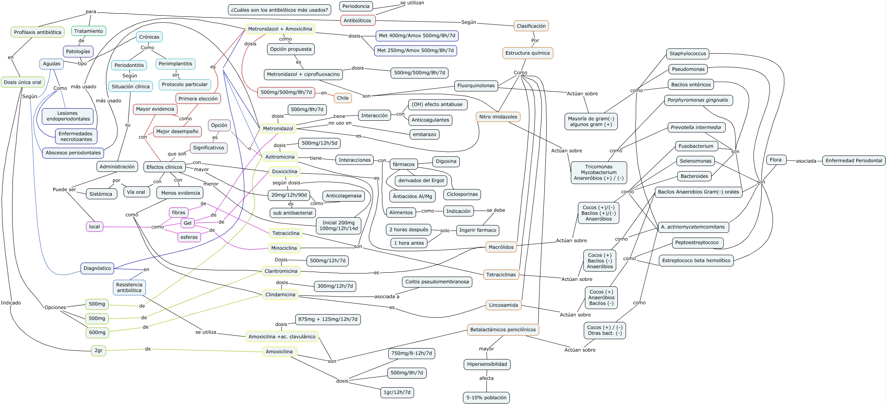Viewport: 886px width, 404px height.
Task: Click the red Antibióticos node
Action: point(357,20)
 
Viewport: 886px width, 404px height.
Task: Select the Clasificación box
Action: point(531,26)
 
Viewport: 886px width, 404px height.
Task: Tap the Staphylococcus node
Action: point(688,54)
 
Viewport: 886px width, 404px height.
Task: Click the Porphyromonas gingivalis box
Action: point(698,100)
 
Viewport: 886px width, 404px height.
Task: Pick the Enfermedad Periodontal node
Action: point(854,161)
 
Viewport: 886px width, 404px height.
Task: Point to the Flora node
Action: point(776,160)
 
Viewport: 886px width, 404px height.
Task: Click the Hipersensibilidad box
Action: point(487,364)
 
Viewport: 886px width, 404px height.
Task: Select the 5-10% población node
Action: point(486,398)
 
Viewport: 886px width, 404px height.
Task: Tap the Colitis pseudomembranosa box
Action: point(437,282)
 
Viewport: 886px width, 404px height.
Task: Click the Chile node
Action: point(343,98)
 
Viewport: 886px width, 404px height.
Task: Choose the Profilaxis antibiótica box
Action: point(38,32)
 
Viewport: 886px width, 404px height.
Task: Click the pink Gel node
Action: point(188,223)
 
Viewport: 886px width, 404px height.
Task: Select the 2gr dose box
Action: point(99,350)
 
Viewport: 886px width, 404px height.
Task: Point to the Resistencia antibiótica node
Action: point(129,288)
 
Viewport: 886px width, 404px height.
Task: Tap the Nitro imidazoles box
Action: point(498,117)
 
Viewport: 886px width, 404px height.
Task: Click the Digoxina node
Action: point(446,161)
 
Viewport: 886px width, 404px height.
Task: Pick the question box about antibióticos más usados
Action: point(279,10)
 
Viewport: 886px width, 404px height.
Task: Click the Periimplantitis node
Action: point(176,64)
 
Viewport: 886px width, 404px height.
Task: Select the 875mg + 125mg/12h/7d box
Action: point(328,319)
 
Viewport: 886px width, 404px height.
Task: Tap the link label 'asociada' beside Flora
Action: point(806,161)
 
